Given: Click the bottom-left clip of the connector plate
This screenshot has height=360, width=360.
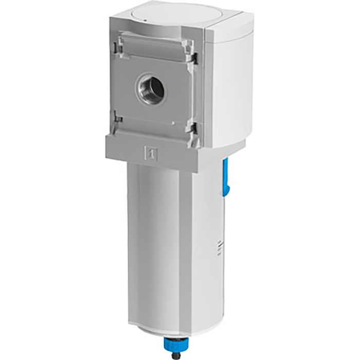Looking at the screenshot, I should pos(118,119).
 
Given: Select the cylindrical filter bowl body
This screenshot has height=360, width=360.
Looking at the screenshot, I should pos(154,237).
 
